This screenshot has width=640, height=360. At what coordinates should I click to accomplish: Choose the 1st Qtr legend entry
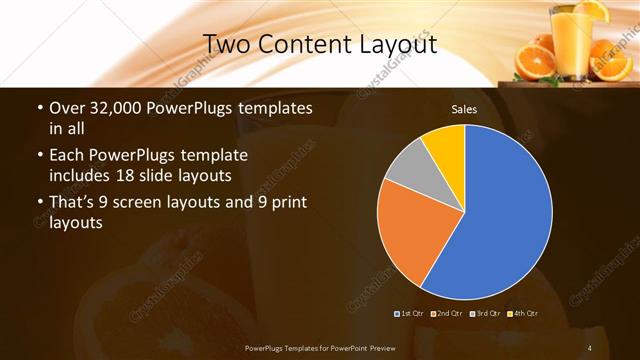tap(409, 314)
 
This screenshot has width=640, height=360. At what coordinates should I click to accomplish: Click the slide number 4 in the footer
tap(590, 348)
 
